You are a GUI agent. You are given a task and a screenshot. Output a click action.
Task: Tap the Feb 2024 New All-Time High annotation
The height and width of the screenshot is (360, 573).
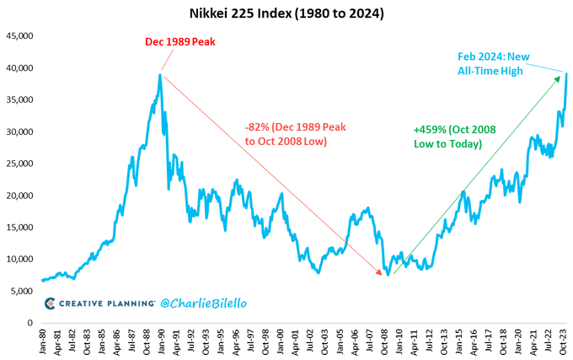coord(491,63)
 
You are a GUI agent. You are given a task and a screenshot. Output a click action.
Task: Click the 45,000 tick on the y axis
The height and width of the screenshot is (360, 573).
coord(20,35)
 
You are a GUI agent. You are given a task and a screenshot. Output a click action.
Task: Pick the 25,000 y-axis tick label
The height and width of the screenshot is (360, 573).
coord(20,164)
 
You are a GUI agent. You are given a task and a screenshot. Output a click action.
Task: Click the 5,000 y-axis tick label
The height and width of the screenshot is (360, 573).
coord(23,292)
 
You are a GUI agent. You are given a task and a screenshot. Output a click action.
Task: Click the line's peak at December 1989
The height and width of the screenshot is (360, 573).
coord(160,74)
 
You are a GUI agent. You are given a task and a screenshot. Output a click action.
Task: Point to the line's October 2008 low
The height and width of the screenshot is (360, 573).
coord(388,276)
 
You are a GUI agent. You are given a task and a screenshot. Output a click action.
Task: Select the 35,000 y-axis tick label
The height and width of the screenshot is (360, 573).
coord(20,99)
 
